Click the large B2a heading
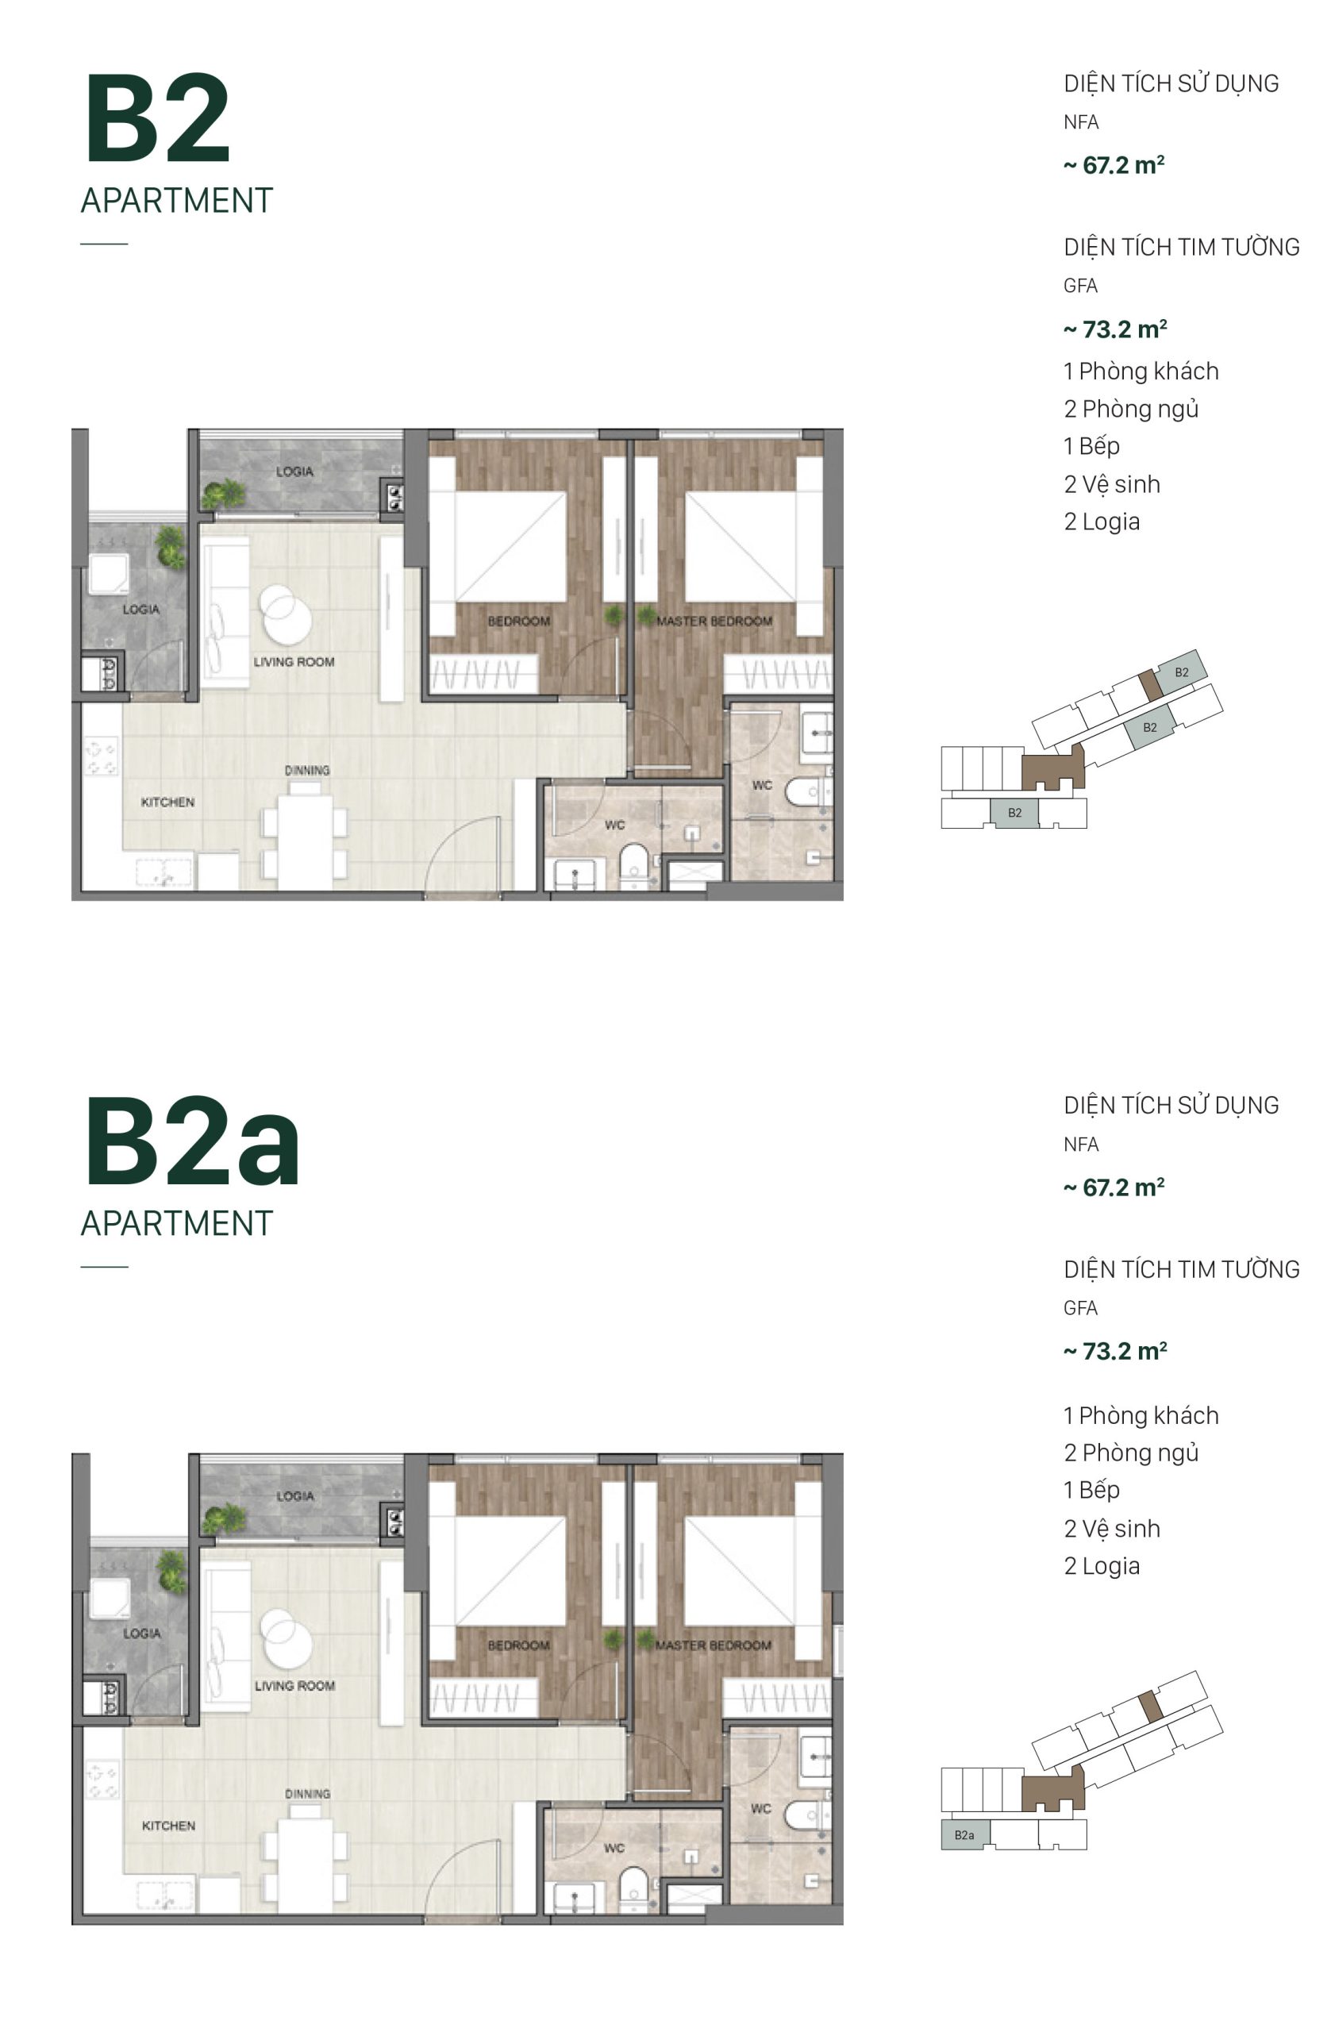pyautogui.click(x=192, y=1141)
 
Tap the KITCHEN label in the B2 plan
pyautogui.click(x=167, y=802)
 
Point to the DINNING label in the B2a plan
pyautogui.click(x=306, y=1794)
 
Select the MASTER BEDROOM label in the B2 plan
pyautogui.click(x=714, y=621)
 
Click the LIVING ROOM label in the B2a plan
pyautogui.click(x=294, y=1685)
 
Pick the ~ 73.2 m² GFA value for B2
pyautogui.click(x=1115, y=329)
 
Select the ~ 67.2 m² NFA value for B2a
pyautogui.click(x=1114, y=1187)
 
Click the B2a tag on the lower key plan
pyautogui.click(x=964, y=1835)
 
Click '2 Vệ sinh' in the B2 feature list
pyautogui.click(x=1112, y=484)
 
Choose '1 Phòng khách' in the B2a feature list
pyautogui.click(x=1141, y=1414)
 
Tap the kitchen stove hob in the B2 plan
pyautogui.click(x=102, y=756)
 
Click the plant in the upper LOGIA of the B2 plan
pyautogui.click(x=222, y=494)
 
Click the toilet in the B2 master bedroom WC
pyautogui.click(x=803, y=791)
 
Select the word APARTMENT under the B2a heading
pyautogui.click(x=177, y=1223)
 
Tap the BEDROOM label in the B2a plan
pyautogui.click(x=518, y=1645)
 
